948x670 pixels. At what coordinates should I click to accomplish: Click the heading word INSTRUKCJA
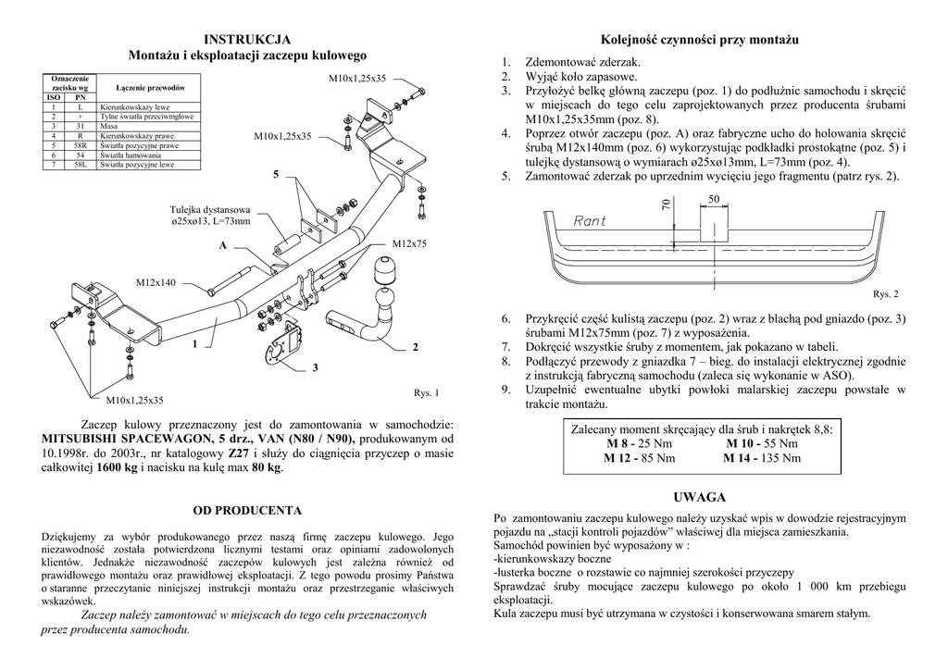tap(246, 39)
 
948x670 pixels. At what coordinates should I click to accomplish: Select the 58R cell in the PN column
tap(81, 145)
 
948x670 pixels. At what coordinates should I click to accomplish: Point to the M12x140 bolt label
tap(156, 281)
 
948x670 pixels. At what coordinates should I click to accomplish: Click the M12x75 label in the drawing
tap(409, 243)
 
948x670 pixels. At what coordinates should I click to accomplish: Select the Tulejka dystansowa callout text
tap(210, 209)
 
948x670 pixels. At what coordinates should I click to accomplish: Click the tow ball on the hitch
tap(383, 272)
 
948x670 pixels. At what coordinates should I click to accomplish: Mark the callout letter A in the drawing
tap(223, 246)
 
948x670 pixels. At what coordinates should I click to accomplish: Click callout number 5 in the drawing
tap(275, 174)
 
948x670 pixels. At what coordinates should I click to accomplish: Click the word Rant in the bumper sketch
tap(590, 220)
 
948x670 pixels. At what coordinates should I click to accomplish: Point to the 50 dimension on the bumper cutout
tap(713, 200)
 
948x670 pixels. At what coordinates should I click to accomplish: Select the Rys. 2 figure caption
tap(885, 294)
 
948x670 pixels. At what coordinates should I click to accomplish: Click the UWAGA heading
tap(700, 498)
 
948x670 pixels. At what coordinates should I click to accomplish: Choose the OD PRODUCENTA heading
tap(246, 510)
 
